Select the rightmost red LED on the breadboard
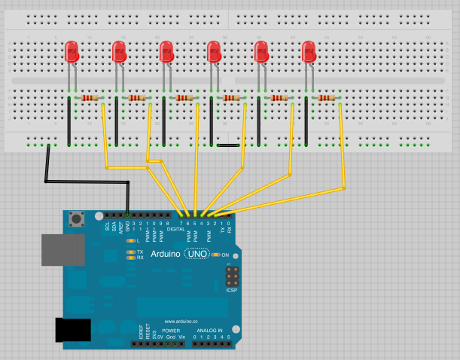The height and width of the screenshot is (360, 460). pos(309,52)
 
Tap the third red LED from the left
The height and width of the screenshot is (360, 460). pos(166,52)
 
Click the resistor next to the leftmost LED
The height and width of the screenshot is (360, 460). pos(89,98)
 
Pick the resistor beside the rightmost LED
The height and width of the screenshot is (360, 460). pos(325,98)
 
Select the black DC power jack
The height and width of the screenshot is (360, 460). pos(73,330)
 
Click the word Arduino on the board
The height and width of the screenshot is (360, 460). pos(166,255)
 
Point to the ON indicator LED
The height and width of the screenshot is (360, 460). pos(215,255)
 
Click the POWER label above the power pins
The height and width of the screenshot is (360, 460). pos(171,331)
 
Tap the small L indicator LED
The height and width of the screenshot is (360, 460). pos(132,241)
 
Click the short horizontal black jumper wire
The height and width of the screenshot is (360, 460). pos(229,145)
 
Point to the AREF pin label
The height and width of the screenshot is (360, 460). pos(121,225)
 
